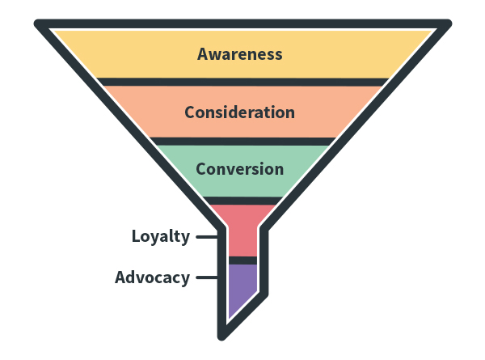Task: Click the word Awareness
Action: (x=240, y=54)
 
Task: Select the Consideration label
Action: (x=239, y=112)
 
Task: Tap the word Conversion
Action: (x=239, y=169)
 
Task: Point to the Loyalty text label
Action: (x=161, y=237)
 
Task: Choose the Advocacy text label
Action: (x=152, y=277)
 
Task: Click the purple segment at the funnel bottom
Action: (x=241, y=287)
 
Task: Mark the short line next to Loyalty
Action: (x=207, y=237)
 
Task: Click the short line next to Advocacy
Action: (x=207, y=277)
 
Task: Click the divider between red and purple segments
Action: (x=242, y=260)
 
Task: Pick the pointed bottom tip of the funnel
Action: (x=223, y=335)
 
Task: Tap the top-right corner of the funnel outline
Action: (x=446, y=23)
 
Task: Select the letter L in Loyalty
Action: (x=137, y=237)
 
